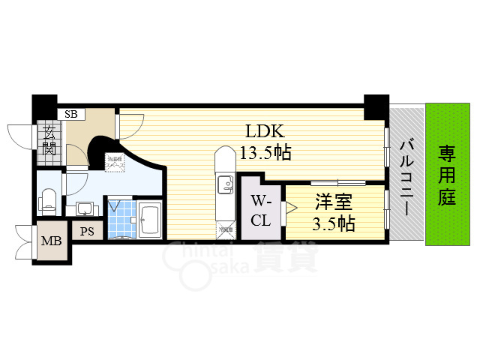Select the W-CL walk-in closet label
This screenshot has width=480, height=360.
[x=261, y=211]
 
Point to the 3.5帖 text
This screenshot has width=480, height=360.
[x=334, y=223]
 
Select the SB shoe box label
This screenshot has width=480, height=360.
[x=71, y=115]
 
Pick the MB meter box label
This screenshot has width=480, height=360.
[x=51, y=241]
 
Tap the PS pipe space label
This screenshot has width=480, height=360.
[x=88, y=232]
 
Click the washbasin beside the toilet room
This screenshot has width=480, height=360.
[x=85, y=207]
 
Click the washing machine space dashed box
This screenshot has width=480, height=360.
[x=115, y=163]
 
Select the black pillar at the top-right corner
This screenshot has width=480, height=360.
[x=376, y=106]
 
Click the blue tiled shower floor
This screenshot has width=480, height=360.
[x=120, y=218]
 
